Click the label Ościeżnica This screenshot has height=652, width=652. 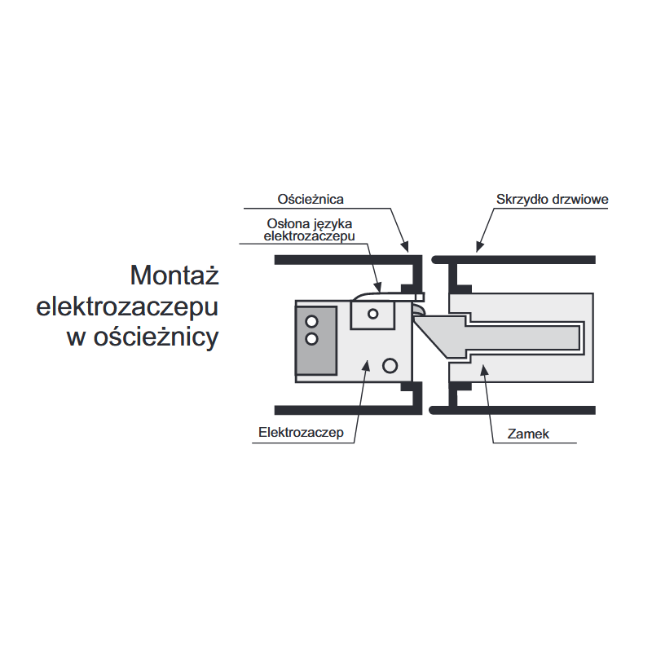tap(311, 199)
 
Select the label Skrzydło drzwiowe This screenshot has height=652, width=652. tap(552, 199)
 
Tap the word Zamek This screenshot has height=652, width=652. tap(528, 434)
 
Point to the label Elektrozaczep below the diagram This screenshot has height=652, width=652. tap(301, 433)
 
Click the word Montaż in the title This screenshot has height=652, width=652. tap(174, 275)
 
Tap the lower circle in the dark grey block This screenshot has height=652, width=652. tap(311, 338)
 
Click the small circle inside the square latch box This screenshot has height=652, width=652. tap(373, 313)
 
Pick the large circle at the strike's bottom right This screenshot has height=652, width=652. tap(390, 366)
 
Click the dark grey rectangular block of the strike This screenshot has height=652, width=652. tap(317, 341)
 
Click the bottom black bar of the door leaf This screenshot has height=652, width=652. tap(513, 410)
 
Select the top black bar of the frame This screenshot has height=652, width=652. tap(342, 259)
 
